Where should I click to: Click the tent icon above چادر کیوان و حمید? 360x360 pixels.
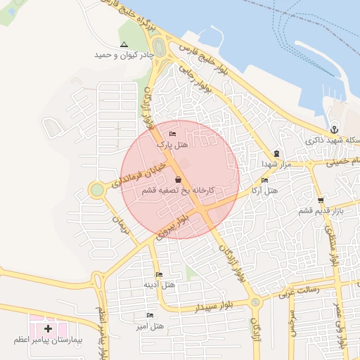pos(124,44)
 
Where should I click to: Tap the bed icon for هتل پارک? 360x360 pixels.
pos(173,134)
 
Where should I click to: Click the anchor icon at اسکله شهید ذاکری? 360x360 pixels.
pos(335,129)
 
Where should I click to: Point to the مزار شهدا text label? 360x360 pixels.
pos(276,163)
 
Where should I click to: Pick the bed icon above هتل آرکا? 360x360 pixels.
pos(264,180)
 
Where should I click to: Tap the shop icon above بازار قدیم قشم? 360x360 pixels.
pos(321,200)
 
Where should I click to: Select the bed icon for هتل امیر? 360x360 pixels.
pos(149,316)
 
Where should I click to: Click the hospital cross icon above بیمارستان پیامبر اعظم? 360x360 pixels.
pos(48,328)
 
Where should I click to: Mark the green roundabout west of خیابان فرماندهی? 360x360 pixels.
pos(97,190)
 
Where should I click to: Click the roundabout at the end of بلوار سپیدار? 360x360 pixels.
pos(255,302)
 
